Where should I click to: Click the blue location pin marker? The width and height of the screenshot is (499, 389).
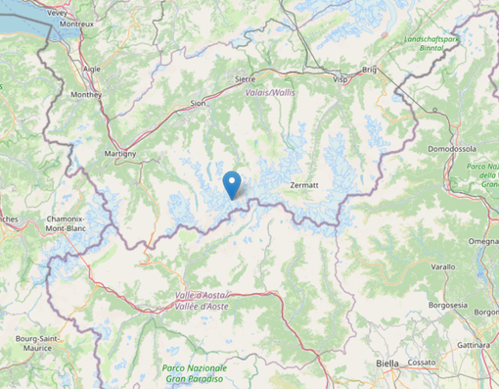click(232, 183)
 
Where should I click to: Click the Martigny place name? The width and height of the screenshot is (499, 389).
click(119, 154)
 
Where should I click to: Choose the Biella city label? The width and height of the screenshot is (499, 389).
click(387, 363)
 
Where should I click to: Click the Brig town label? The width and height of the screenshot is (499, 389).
click(369, 70)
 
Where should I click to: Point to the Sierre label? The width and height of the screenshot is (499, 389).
click(246, 77)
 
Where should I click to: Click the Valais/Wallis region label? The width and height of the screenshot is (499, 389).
click(270, 92)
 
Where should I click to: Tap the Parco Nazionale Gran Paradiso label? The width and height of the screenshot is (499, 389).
click(193, 372)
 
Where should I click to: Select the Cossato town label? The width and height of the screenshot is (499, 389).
click(422, 362)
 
